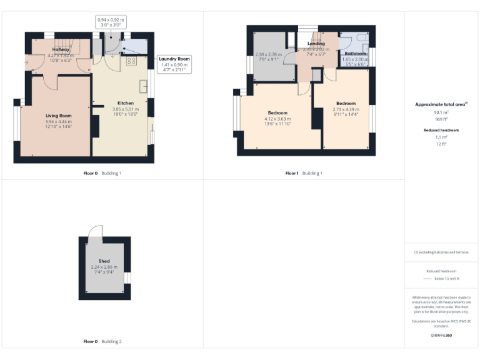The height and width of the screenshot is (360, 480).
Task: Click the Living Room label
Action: point(58,116)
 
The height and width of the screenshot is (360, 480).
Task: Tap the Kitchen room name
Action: point(126,103)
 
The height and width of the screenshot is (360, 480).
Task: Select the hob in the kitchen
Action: point(132,61)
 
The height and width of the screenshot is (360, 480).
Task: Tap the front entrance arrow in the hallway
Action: point(26,62)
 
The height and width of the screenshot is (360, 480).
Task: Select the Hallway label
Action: point(61,49)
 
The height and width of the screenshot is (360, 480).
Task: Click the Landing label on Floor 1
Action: point(316,44)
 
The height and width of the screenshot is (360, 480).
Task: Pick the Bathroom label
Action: point(356,54)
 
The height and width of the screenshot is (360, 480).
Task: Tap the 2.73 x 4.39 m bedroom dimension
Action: point(346,109)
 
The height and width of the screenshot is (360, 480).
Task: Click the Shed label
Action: point(104,261)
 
